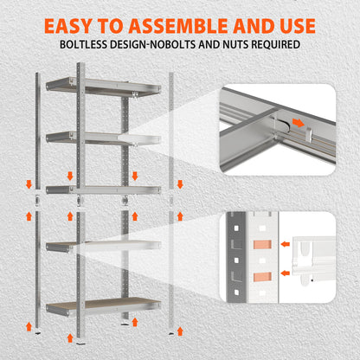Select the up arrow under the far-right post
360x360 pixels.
pyautogui.click(x=179, y=327)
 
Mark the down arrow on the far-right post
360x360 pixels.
pyautogui.click(x=179, y=183)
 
